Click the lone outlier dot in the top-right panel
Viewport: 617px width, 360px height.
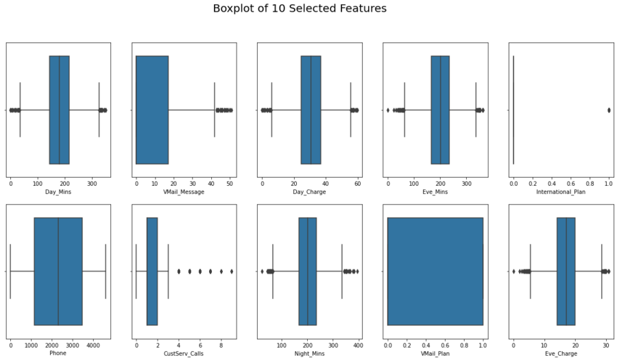[x=608, y=110]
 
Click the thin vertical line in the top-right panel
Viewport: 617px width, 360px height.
[x=513, y=110]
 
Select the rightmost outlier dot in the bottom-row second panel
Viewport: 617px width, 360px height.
[x=232, y=271]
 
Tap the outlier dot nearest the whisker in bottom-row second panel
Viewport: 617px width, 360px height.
[x=179, y=271]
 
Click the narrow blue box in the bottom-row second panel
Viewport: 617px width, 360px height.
[x=152, y=271]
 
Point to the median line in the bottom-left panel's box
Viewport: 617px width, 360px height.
[x=58, y=271]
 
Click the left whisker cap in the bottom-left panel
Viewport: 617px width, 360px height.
[x=10, y=271]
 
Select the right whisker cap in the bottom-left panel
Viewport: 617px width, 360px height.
[x=105, y=271]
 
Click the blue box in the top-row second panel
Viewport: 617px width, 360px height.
[x=152, y=110]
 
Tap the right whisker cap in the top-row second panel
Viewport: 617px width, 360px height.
[x=214, y=110]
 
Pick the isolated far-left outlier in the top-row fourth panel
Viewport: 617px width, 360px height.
[x=388, y=110]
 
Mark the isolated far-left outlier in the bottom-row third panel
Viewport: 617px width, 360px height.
[x=262, y=271]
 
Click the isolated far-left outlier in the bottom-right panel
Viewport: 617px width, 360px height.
[x=513, y=271]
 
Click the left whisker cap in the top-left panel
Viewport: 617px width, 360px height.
[x=20, y=110]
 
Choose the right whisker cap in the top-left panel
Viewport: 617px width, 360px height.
[x=99, y=110]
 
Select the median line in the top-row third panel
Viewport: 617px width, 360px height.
[x=311, y=110]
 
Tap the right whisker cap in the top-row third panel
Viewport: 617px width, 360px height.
[x=350, y=110]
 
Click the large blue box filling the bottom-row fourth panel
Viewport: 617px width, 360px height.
[x=435, y=271]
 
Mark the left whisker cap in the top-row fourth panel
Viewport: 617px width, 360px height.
[x=404, y=110]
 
